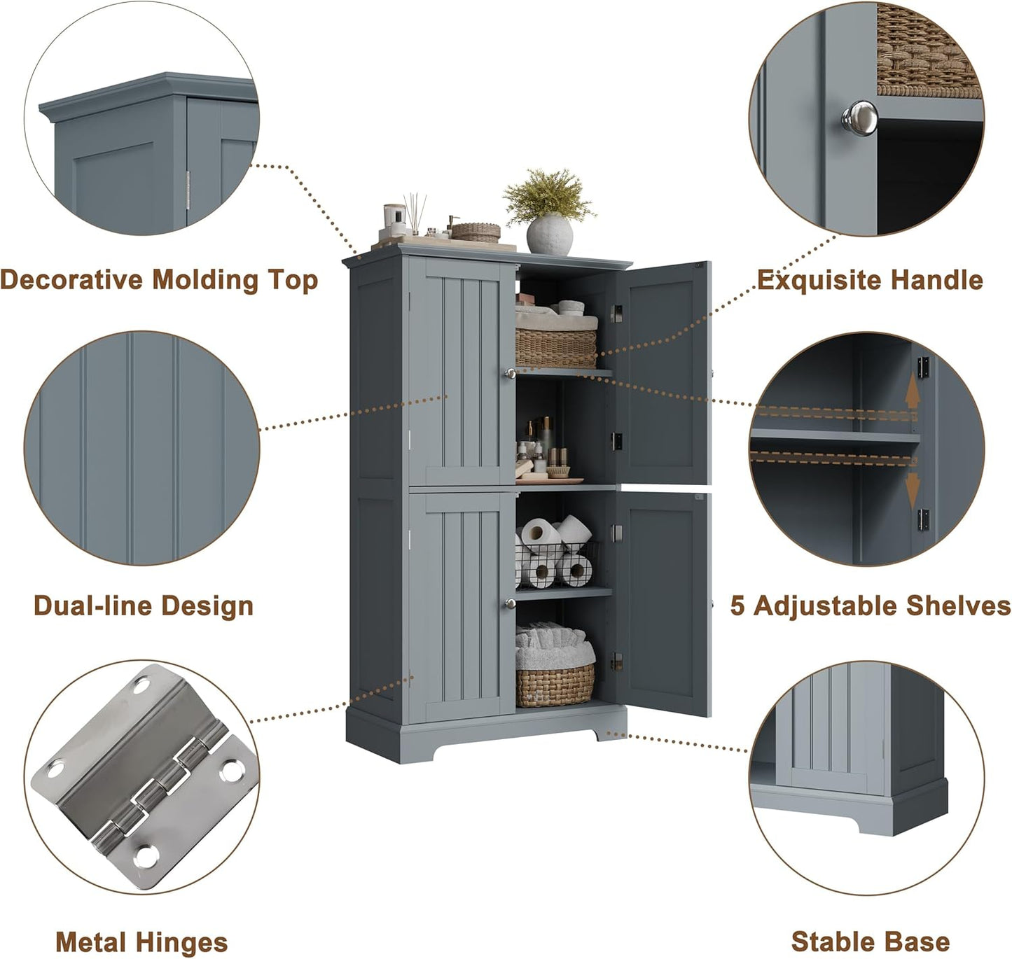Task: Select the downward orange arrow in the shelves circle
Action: point(911,491)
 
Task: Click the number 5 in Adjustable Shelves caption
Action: point(737,605)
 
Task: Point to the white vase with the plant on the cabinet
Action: point(549,234)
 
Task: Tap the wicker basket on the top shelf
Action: point(556,346)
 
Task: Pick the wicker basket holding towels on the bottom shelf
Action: point(555,685)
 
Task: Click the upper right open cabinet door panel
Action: point(662,374)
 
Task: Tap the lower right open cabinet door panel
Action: point(662,602)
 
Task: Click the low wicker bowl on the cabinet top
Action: point(476,232)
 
